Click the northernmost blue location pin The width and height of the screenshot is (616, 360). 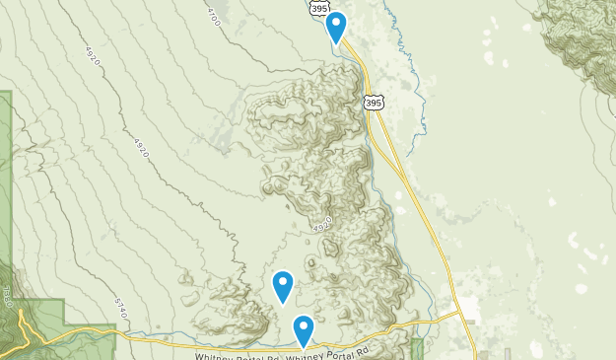[336, 27]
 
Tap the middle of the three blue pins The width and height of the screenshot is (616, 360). [283, 285]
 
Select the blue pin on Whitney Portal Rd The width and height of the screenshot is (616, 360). [303, 329]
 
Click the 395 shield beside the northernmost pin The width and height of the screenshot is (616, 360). [318, 7]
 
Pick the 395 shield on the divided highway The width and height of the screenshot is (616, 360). [373, 102]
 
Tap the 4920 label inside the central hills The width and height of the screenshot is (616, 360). [321, 227]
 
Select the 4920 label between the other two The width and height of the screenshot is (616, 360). [140, 147]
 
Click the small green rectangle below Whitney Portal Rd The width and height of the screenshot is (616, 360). [417, 348]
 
